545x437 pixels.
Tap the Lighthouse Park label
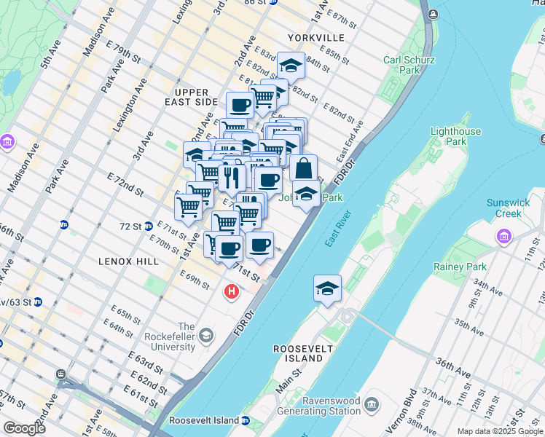(x=455, y=136)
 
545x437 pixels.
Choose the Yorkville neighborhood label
(x=315, y=37)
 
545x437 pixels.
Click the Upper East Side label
(x=192, y=98)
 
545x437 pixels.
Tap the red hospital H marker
(x=232, y=293)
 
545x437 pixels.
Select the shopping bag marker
(x=303, y=168)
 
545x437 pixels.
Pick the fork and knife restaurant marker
(x=232, y=177)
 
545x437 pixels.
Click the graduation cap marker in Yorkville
(x=291, y=66)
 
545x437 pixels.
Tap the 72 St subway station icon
(x=148, y=226)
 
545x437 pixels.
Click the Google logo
(x=23, y=428)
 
